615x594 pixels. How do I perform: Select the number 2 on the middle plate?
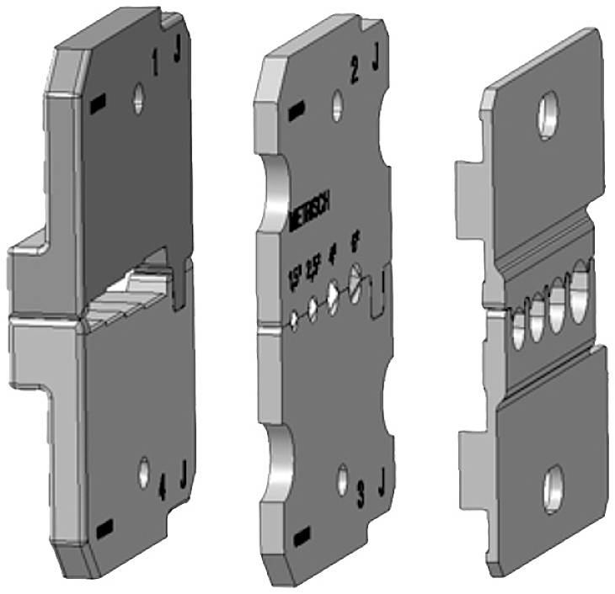355,72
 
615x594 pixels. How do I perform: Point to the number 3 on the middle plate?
361,496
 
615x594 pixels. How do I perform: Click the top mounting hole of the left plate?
138,98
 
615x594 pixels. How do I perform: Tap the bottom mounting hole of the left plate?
145,472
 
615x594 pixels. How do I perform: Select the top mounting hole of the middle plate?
337,106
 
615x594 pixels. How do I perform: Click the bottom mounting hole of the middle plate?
342,478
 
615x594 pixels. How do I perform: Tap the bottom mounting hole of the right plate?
553,486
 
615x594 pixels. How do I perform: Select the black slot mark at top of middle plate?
295,110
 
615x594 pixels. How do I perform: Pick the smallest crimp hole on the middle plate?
293,320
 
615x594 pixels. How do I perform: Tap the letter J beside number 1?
178,52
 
